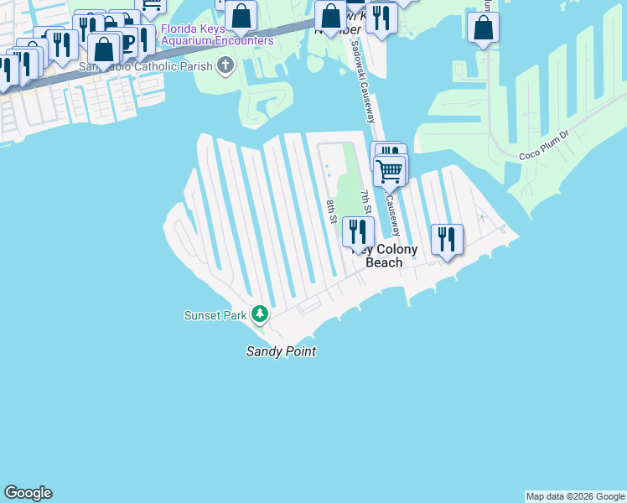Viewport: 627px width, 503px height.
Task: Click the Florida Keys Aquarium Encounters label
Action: tap(217, 34)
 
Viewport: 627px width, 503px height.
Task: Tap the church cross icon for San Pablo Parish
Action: tap(225, 66)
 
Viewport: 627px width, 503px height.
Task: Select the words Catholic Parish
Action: tap(174, 66)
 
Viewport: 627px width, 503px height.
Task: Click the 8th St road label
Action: tap(331, 211)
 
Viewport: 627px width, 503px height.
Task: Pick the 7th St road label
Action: tap(365, 203)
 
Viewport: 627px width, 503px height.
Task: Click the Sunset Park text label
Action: tap(215, 315)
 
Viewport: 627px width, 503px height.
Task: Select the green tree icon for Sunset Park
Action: tap(261, 314)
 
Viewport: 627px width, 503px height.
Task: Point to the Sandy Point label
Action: tap(281, 352)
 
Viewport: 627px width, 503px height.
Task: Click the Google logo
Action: tap(28, 493)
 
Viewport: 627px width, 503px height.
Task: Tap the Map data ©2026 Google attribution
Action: tap(575, 496)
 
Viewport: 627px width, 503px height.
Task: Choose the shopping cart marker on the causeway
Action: tap(390, 172)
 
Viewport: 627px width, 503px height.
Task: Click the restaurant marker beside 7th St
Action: tap(358, 231)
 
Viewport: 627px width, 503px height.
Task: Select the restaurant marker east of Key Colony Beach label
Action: tap(447, 239)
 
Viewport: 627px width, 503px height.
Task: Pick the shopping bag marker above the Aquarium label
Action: tap(241, 15)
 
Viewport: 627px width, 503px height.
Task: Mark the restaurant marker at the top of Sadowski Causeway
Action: tap(381, 19)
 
